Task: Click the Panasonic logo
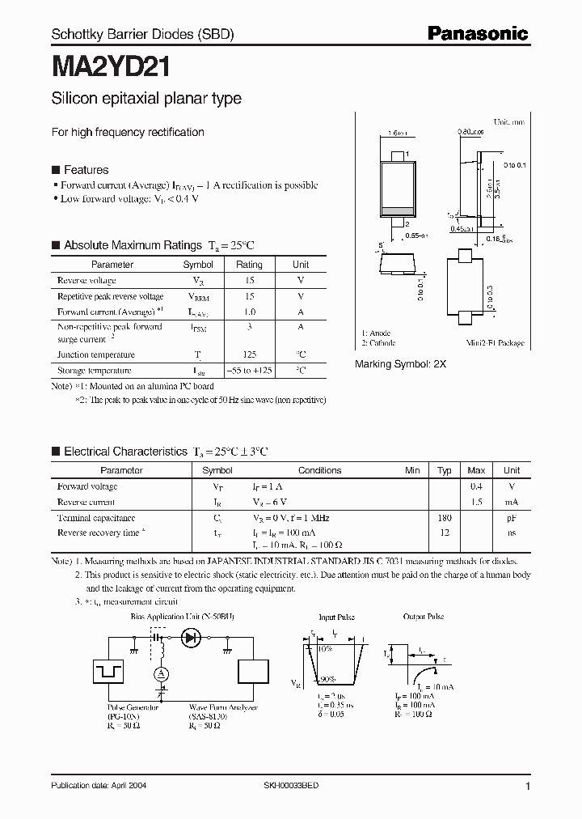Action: click(477, 33)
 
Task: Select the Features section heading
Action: click(86, 170)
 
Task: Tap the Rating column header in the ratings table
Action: click(249, 265)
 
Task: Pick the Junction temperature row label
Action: click(95, 354)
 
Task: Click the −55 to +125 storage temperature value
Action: click(249, 371)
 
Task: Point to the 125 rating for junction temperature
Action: click(249, 354)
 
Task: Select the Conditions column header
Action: click(319, 470)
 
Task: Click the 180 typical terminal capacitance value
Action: click(444, 517)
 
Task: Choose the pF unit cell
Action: click(512, 517)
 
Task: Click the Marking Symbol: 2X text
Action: click(400, 365)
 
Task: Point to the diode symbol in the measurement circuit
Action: click(192, 638)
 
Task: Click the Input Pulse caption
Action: click(337, 617)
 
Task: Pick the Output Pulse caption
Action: click(424, 617)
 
